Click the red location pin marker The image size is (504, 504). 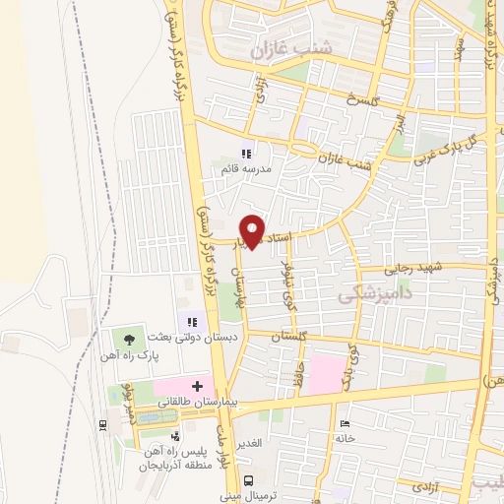253,230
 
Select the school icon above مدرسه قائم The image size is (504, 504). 246,154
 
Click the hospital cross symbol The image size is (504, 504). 196,385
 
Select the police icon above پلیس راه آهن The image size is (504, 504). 175,436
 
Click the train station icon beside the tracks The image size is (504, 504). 102,424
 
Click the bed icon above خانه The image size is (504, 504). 341,422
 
